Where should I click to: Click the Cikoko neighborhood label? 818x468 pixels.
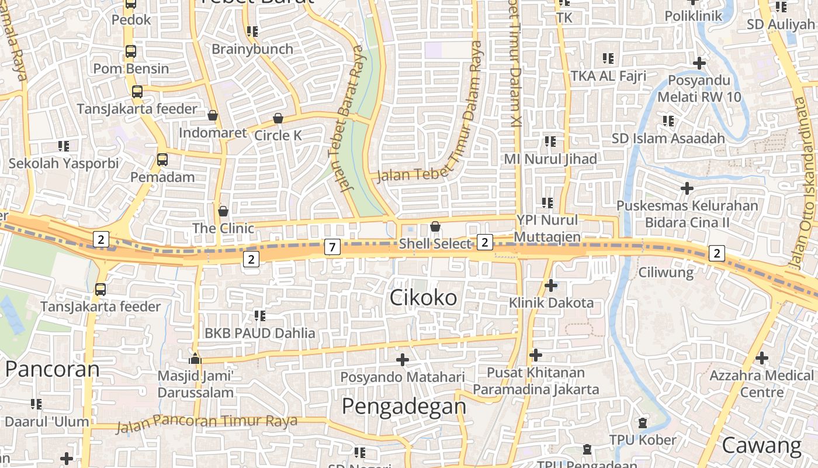(x=424, y=298)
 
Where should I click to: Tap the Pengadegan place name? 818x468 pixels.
(x=404, y=405)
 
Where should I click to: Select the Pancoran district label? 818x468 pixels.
(x=53, y=369)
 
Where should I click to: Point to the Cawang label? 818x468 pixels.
(x=762, y=446)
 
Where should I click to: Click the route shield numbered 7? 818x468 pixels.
(x=332, y=247)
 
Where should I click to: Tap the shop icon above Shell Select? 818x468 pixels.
(x=435, y=226)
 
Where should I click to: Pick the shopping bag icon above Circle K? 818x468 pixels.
(x=278, y=118)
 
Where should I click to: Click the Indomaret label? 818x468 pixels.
(x=213, y=133)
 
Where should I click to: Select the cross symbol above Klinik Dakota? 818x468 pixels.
(x=551, y=285)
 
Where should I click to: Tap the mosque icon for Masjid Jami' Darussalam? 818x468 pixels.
(x=195, y=358)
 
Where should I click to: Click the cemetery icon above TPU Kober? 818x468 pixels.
(x=643, y=422)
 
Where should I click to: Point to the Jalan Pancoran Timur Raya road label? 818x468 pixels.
(x=207, y=422)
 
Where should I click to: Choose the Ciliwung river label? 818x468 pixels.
(x=666, y=272)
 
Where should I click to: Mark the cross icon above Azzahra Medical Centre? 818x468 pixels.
(x=762, y=357)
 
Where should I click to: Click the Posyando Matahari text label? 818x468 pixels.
(x=403, y=377)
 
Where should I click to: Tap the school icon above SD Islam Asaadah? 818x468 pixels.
(x=668, y=121)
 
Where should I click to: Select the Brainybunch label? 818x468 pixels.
(x=252, y=49)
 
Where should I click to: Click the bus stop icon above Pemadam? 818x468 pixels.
(x=162, y=159)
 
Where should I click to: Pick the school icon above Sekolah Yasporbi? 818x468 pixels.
(x=63, y=146)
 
